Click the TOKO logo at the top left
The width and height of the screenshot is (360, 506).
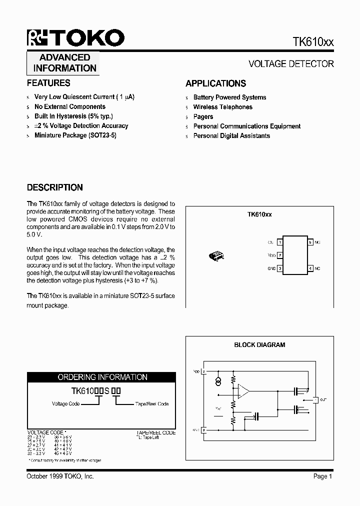75,38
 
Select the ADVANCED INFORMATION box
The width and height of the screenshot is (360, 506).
64,63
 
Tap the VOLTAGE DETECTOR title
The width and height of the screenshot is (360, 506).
291,64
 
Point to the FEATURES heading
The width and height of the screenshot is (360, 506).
48,83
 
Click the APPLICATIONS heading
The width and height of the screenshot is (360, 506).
215,83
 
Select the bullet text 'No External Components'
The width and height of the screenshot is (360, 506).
70,106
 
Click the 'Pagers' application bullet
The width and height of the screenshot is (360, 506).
203,116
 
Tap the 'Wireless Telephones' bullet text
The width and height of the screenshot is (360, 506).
222,107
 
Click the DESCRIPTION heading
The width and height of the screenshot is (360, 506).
54,187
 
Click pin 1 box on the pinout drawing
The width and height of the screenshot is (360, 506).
280,242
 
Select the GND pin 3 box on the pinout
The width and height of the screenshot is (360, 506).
280,268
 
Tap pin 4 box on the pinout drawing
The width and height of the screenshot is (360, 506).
310,268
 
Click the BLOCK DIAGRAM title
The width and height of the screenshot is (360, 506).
259,345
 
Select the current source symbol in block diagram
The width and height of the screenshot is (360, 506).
218,382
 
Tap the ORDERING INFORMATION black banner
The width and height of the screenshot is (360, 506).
102,377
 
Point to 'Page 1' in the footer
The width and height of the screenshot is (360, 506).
322,476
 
